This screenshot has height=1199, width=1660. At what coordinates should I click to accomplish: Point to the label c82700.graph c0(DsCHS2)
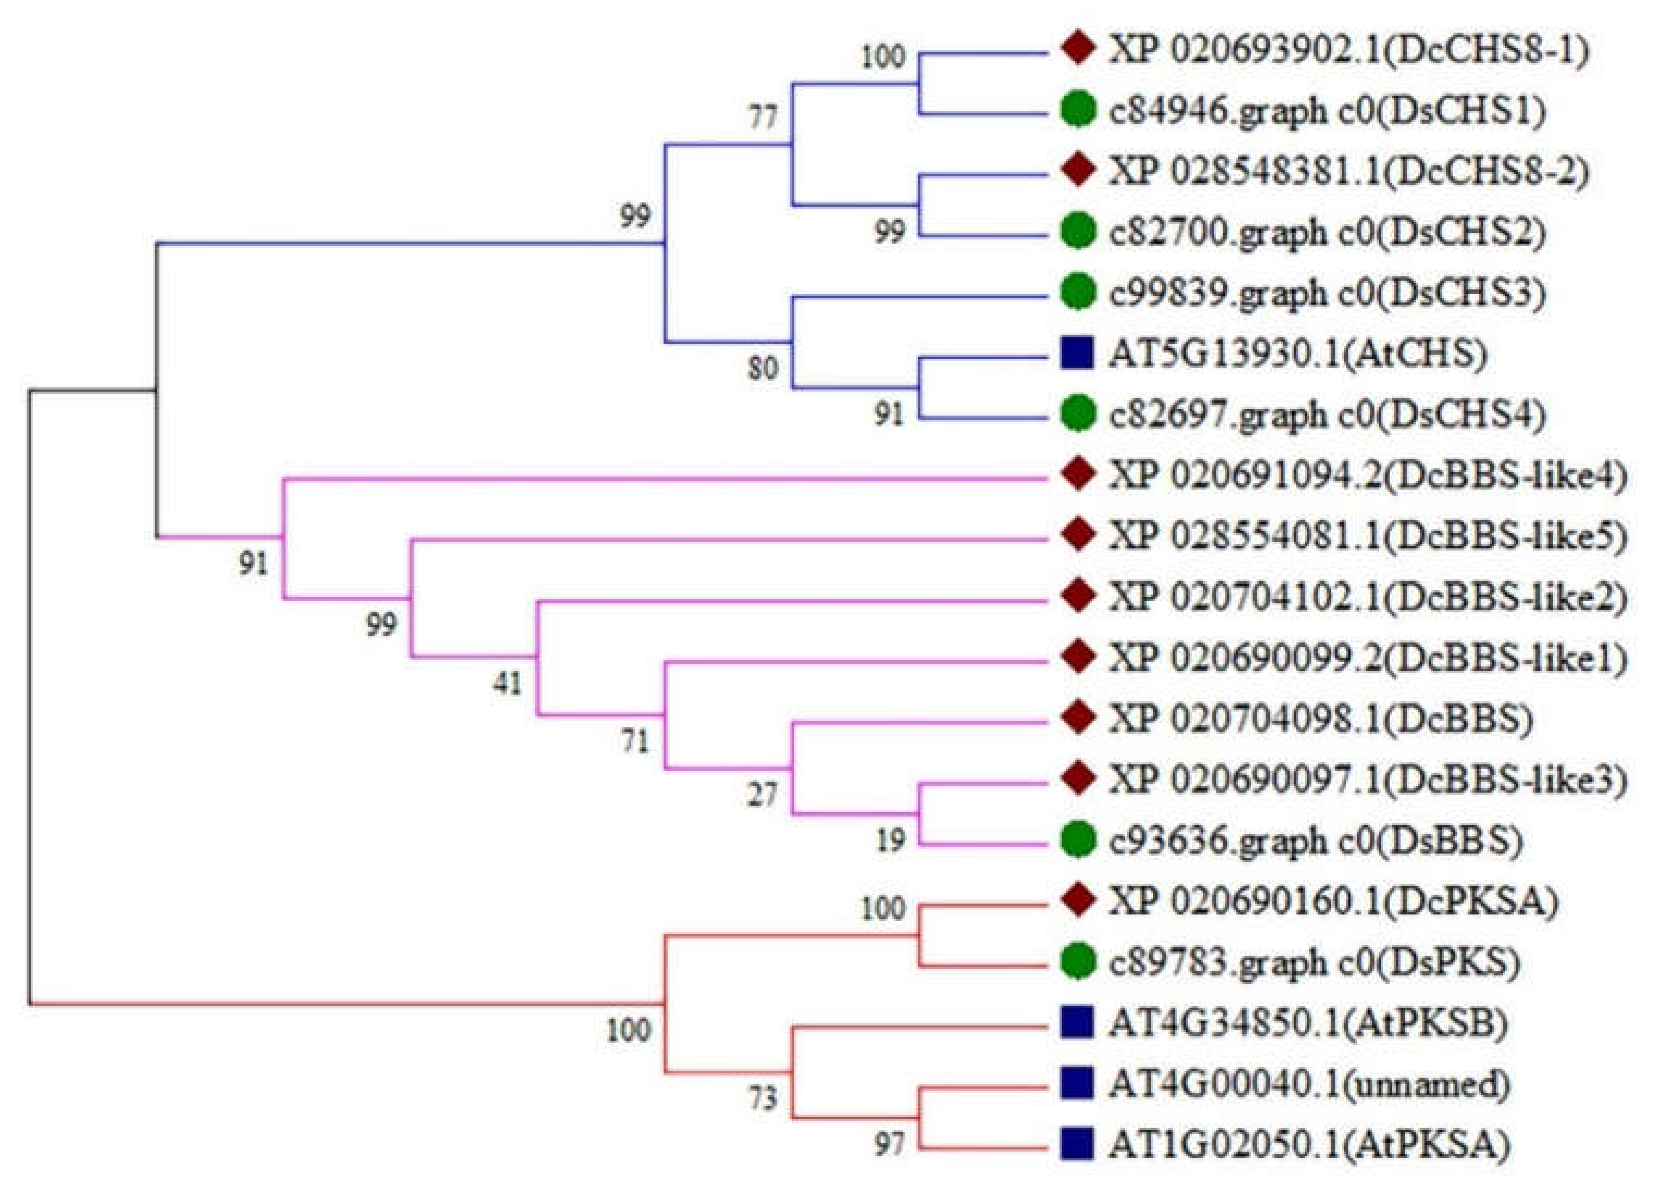pos(1326,233)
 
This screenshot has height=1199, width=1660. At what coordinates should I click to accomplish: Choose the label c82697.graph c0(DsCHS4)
pos(1326,415)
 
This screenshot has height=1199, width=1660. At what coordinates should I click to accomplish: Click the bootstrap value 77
pos(762,117)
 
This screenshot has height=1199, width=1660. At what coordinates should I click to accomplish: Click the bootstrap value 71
pos(635,742)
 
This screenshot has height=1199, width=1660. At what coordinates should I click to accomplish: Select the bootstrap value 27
pos(762,794)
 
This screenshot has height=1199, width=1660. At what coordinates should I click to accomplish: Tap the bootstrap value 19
pos(890,841)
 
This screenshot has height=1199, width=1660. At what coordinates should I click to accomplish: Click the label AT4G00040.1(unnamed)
pos(1309,1083)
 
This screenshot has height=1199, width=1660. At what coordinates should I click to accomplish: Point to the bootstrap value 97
pos(890,1145)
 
